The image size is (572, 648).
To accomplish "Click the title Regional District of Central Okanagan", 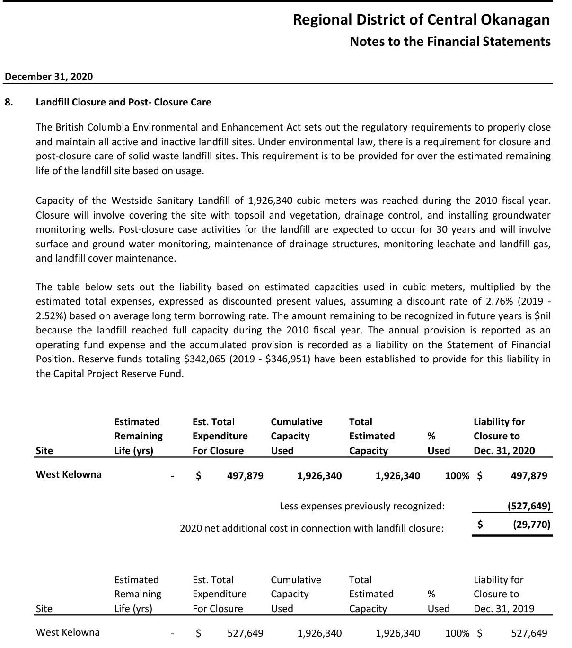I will pos(421,20).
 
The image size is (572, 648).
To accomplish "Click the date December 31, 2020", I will pos(49,77).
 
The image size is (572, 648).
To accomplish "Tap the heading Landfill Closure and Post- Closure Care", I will pos(123,102).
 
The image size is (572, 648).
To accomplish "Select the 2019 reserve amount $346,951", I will pos(288,359).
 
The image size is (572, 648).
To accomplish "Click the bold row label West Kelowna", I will pos(69,474).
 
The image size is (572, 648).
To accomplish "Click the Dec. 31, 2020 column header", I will pos(504,451).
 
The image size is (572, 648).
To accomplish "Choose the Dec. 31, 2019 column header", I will pos(504,609).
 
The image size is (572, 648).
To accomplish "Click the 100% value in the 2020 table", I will pos(457,476).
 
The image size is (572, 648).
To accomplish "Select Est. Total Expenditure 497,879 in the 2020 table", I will pos(245,476).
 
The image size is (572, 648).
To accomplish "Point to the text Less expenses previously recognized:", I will pos(362,506).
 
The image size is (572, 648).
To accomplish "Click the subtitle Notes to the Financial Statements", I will pos(450,42).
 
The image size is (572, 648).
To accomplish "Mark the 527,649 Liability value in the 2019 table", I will pos(529,633).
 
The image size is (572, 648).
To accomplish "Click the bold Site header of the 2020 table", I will pos(44,451).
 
